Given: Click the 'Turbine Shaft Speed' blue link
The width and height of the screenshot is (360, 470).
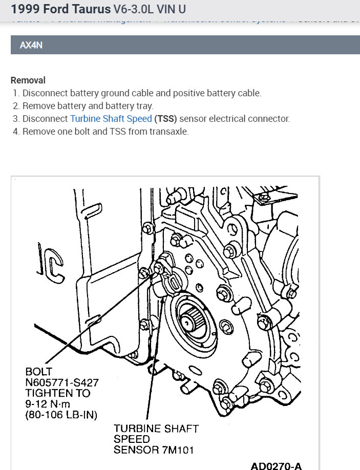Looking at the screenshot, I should coord(111,118).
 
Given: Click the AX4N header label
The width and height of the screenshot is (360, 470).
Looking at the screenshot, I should coord(31,45).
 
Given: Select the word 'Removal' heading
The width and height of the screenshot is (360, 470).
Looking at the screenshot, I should coord(28,80).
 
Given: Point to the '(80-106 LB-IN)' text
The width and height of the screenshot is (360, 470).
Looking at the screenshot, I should coord(60,415).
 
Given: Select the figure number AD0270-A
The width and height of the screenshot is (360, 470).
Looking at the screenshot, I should coord(276,466).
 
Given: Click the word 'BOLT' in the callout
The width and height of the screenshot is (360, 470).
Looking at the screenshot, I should coord(39,371).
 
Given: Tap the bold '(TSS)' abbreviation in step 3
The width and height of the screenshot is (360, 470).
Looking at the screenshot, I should coord(166,118).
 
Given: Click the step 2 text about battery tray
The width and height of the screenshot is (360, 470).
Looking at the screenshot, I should coord(88,106).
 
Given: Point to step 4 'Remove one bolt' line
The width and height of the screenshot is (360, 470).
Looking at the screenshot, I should coord(105,131).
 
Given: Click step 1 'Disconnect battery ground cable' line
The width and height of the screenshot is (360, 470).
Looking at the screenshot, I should coord(142,93).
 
